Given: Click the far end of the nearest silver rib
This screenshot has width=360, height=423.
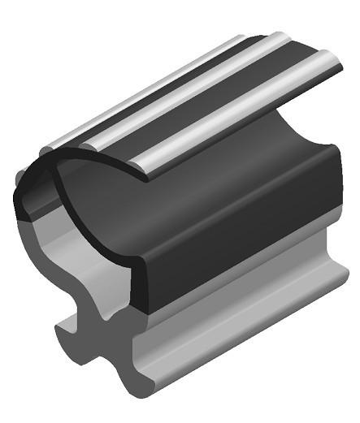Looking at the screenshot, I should point(330,58).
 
